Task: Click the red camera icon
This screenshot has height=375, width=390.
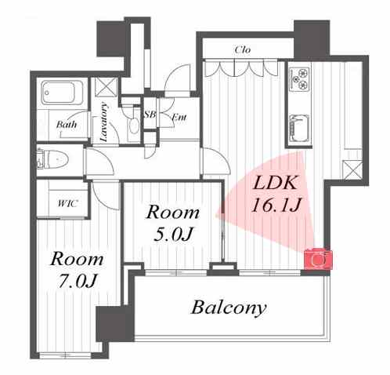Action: [318, 259]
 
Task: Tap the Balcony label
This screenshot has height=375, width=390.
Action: [229, 308]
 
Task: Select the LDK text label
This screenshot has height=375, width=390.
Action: [276, 182]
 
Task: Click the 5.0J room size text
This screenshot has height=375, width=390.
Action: [173, 234]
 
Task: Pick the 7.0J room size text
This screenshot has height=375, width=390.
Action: [78, 281]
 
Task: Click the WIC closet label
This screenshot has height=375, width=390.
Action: [67, 203]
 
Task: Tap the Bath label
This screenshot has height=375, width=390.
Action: [67, 124]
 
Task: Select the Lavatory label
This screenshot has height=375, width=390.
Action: [104, 122]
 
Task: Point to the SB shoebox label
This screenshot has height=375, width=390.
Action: [150, 115]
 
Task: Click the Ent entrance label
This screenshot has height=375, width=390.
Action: [179, 117]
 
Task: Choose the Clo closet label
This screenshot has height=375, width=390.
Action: [243, 49]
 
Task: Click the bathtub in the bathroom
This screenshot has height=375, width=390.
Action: [62, 93]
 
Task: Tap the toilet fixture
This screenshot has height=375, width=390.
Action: [52, 159]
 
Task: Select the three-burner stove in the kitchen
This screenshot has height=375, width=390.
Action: [299, 78]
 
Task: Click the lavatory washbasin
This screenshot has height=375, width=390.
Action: [134, 126]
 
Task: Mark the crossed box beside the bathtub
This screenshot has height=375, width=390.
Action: [107, 87]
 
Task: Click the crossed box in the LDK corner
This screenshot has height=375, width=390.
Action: [352, 170]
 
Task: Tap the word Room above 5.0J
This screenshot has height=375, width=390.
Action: [173, 212]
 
